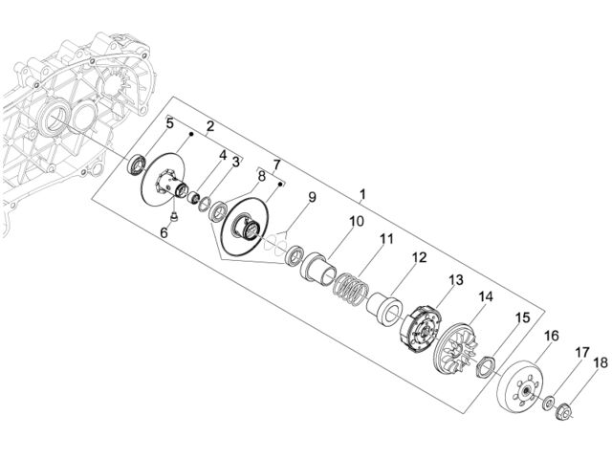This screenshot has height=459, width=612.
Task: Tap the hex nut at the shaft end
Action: pos(563,412)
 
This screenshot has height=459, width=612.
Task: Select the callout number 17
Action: pos(582,353)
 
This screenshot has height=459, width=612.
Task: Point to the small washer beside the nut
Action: pos(549,402)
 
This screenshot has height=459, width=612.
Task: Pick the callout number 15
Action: pos(523,317)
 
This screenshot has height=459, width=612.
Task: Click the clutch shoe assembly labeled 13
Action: pos(422,325)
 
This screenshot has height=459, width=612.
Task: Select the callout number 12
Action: pos(420,257)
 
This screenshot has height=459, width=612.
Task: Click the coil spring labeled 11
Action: pos(352,288)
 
